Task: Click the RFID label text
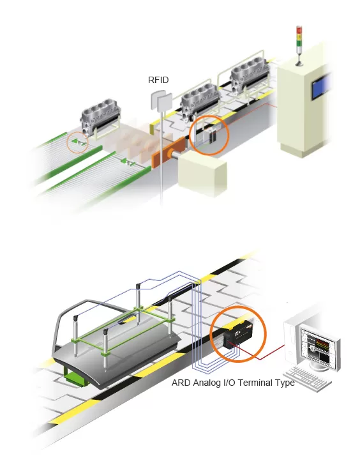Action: [158, 80]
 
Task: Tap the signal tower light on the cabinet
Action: [299, 45]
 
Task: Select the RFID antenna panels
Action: [161, 101]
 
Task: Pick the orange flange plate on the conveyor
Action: [168, 152]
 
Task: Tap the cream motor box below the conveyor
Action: [202, 173]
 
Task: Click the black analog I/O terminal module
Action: [239, 333]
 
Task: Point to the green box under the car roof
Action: [77, 378]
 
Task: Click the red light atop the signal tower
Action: [299, 29]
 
